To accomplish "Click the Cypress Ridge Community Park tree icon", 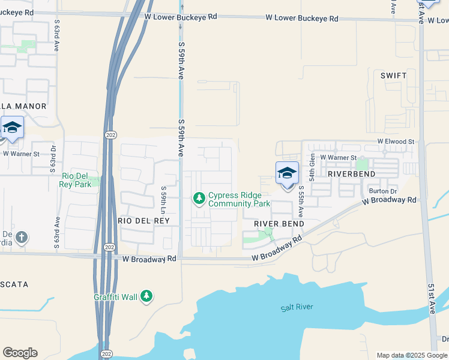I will [199, 197].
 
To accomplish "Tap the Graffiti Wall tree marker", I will [147, 296].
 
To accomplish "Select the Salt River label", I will [297, 307].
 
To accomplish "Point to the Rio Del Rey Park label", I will [76, 180].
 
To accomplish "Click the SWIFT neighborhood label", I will [393, 76].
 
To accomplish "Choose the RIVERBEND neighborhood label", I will [351, 173].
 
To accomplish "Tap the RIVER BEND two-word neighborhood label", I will [279, 223].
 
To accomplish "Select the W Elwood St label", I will [396, 142].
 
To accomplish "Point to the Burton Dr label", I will [383, 191].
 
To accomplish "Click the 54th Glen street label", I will [312, 167].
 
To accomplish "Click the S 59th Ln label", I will [163, 201].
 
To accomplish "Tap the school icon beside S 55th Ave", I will [287, 173].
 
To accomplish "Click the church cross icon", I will [22, 238].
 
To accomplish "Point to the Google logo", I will [20, 353].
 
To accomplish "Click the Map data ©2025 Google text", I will [412, 355].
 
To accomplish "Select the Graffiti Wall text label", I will [115, 296].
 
